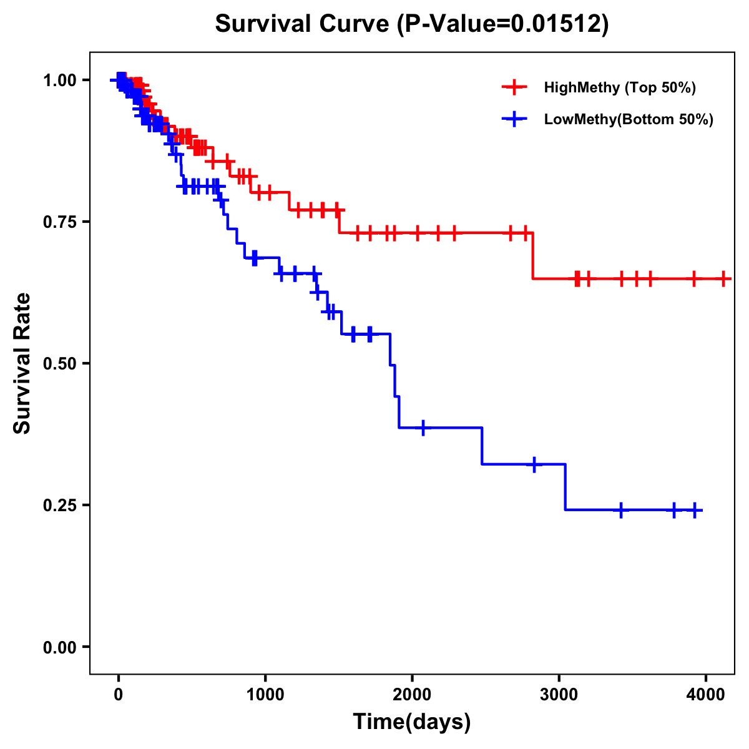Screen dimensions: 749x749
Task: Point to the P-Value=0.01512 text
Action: coord(506,24)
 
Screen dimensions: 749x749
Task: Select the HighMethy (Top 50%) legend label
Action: coord(619,87)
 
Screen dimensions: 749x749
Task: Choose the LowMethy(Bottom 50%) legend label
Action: coord(629,119)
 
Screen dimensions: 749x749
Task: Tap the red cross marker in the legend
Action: coord(514,87)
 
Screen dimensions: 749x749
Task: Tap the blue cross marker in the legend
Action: coord(514,119)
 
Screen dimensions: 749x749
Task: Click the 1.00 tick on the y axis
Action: coord(59,80)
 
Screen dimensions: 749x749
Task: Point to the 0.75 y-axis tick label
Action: coord(59,222)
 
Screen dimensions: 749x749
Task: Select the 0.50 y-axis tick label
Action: coord(59,363)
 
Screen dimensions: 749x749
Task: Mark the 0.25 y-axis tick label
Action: coord(59,505)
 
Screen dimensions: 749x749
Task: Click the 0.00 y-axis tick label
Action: coord(59,647)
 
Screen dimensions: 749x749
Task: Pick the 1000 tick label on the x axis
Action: coord(265,695)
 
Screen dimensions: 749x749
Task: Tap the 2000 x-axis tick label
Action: coord(412,695)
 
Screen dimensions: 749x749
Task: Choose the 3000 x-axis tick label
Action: coord(559,695)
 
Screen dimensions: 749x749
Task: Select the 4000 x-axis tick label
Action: coord(705,695)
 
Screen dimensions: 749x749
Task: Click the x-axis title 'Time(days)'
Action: coord(412,722)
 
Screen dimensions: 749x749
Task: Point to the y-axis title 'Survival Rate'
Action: coord(22,363)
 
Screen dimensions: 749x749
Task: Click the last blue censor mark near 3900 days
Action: coord(694,510)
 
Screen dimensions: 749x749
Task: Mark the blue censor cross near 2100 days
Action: coord(424,428)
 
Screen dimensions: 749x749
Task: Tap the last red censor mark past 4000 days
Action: coord(723,278)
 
